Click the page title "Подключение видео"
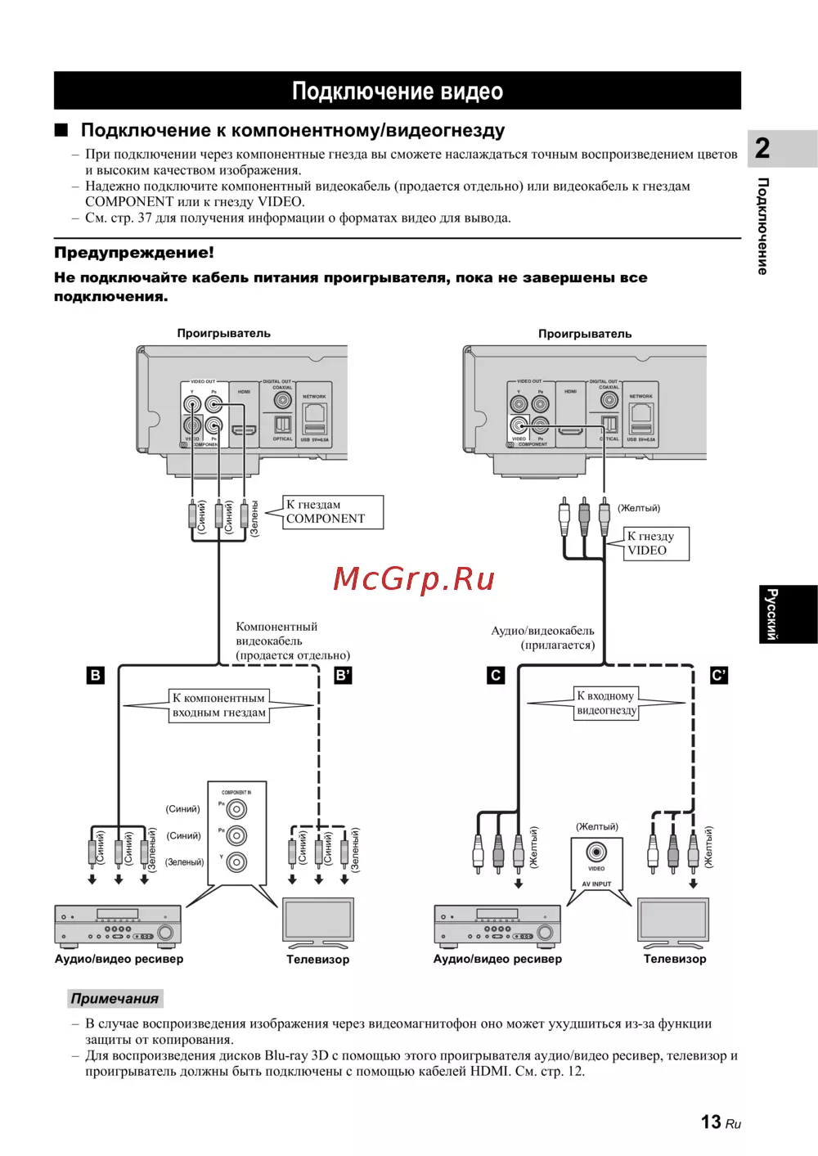[x=398, y=91]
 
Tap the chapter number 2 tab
[x=762, y=148]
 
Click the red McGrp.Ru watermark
[x=414, y=579]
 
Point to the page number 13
[x=711, y=1122]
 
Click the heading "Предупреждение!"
[x=134, y=253]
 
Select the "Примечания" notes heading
[x=115, y=998]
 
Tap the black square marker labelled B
[x=96, y=676]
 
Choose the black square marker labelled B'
[x=343, y=676]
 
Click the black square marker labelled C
[x=496, y=676]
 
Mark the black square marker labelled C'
[x=718, y=676]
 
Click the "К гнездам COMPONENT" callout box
[x=332, y=512]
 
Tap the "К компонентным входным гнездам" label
[x=218, y=705]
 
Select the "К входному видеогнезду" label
[x=606, y=703]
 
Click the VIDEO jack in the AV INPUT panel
[x=596, y=852]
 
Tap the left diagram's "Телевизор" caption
[x=317, y=959]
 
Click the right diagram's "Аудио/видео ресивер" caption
[x=497, y=959]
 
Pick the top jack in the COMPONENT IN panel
[x=236, y=809]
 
